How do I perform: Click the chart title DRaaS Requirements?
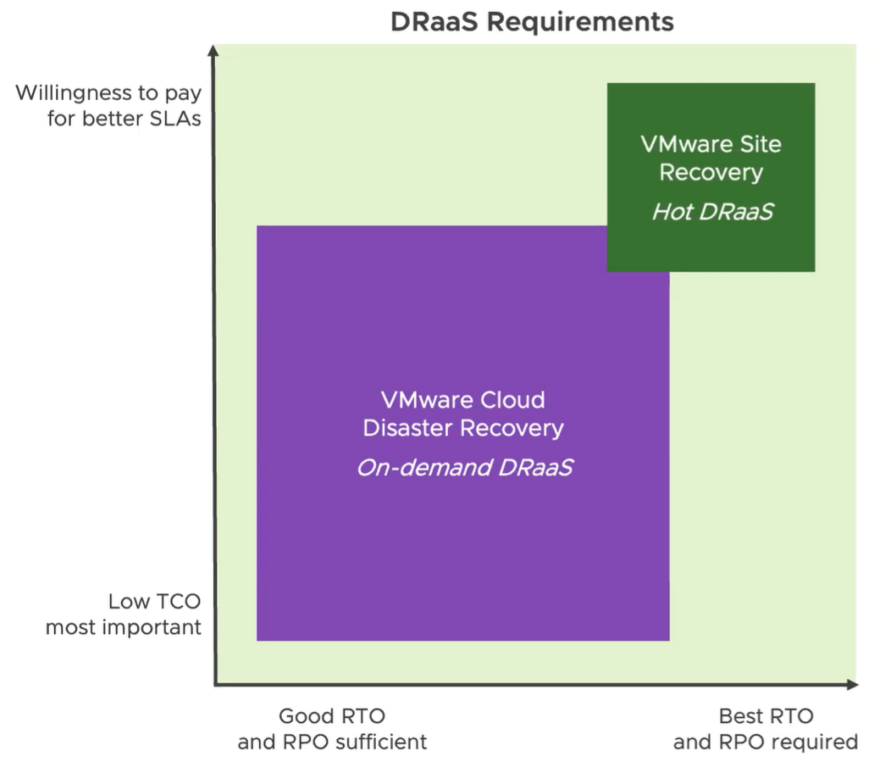point(532,21)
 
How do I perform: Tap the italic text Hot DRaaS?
point(711,212)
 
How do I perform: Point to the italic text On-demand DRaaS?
point(463,467)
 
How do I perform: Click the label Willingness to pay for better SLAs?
point(108,105)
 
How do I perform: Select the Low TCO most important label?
point(124,615)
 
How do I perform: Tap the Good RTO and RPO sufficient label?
point(332,729)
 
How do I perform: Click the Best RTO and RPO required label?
point(766,729)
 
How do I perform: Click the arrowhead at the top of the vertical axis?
point(214,51)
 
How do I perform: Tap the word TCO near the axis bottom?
point(178,602)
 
